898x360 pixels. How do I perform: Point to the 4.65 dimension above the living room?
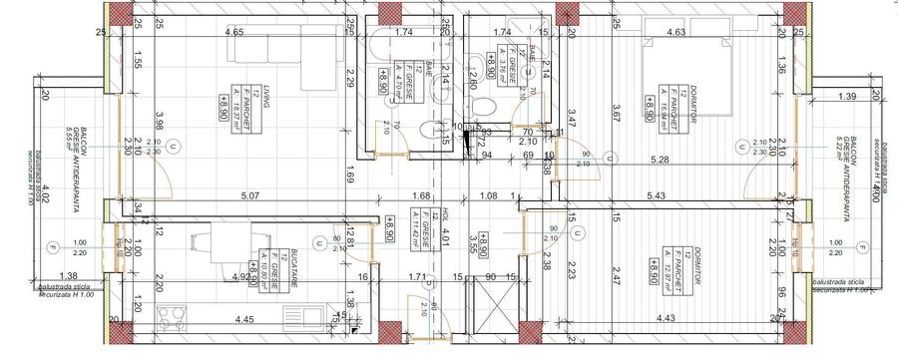(234, 33)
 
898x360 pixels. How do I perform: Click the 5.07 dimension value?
(248, 196)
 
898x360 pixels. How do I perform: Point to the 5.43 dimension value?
(682, 196)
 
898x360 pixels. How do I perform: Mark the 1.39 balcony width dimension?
(849, 96)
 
